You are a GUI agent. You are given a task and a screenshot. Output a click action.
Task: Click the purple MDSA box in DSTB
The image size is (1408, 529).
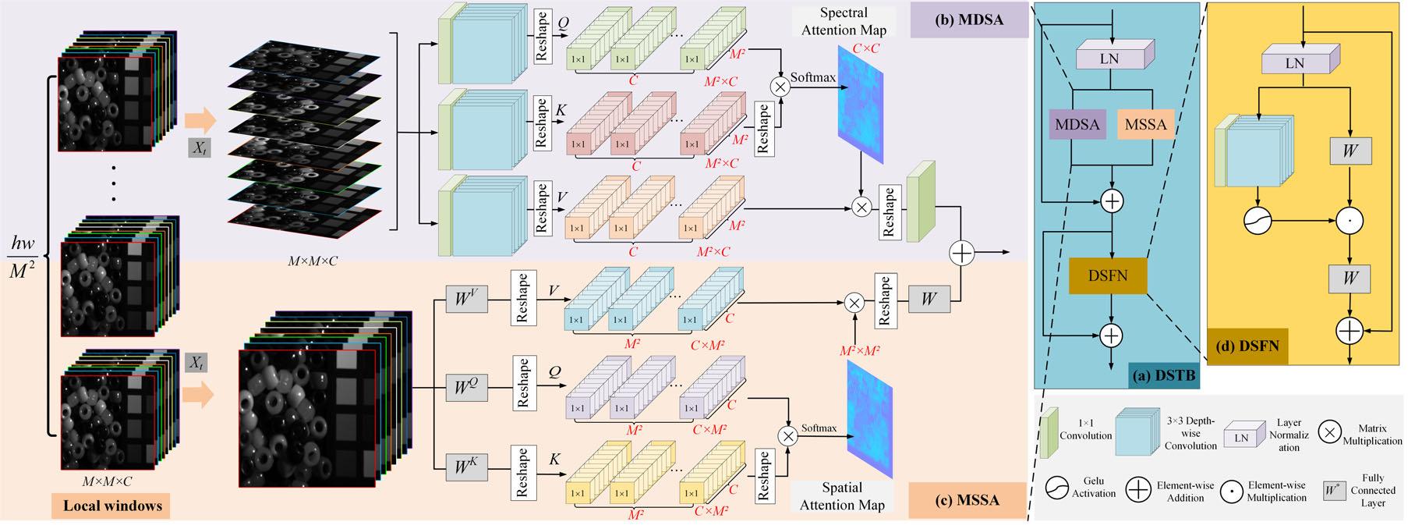pos(1077,124)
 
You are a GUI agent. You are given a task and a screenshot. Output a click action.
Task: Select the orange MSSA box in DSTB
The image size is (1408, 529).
pos(1145,124)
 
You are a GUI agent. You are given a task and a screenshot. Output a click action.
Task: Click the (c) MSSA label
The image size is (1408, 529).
pos(967,499)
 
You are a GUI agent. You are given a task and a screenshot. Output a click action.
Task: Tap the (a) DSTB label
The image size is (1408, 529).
pos(1163,377)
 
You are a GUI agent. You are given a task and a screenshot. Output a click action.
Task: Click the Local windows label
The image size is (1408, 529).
pos(111,506)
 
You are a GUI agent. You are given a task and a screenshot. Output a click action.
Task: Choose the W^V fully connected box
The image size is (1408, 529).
pos(466,298)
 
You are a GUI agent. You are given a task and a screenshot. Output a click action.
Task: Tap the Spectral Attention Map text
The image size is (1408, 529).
pos(843,22)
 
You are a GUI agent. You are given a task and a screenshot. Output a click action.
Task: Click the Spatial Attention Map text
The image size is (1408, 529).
pos(842,496)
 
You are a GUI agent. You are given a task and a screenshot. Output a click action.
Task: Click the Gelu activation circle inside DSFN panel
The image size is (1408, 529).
pos(1257,222)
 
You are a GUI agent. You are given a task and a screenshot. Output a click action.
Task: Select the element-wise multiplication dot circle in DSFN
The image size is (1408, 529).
pos(1350,222)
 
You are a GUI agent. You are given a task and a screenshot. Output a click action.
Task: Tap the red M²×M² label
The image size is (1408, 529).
pos(859,351)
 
